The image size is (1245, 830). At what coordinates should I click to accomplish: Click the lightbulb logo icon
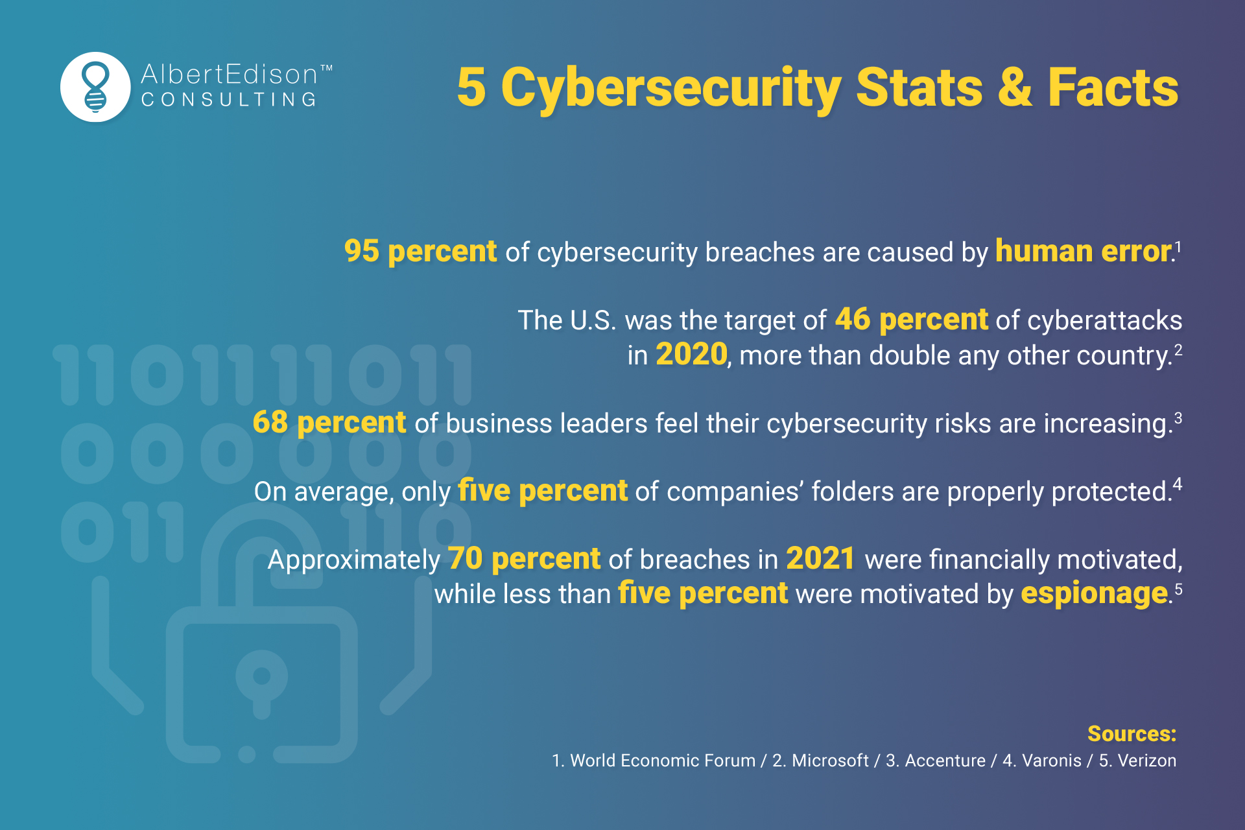click(x=95, y=87)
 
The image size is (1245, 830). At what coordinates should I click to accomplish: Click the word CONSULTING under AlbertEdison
click(x=229, y=100)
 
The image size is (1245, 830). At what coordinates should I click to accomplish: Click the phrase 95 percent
click(x=420, y=252)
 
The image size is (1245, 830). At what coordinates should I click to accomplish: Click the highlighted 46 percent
click(x=911, y=320)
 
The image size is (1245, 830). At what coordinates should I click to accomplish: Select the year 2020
click(x=691, y=355)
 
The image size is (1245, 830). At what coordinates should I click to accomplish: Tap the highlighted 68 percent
click(x=329, y=423)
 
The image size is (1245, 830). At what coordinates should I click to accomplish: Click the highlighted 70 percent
click(x=524, y=559)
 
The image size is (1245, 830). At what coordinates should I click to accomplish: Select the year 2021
click(x=820, y=559)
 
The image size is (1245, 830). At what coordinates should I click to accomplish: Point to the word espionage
click(x=1094, y=594)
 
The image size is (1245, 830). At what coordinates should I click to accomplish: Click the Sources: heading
click(x=1132, y=733)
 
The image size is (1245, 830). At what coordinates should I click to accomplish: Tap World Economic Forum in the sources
click(x=662, y=761)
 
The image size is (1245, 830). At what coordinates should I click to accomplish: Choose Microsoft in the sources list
click(x=829, y=761)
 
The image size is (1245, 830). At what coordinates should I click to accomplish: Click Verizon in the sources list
click(x=1146, y=761)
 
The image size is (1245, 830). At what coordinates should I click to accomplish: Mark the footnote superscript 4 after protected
click(x=1178, y=484)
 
